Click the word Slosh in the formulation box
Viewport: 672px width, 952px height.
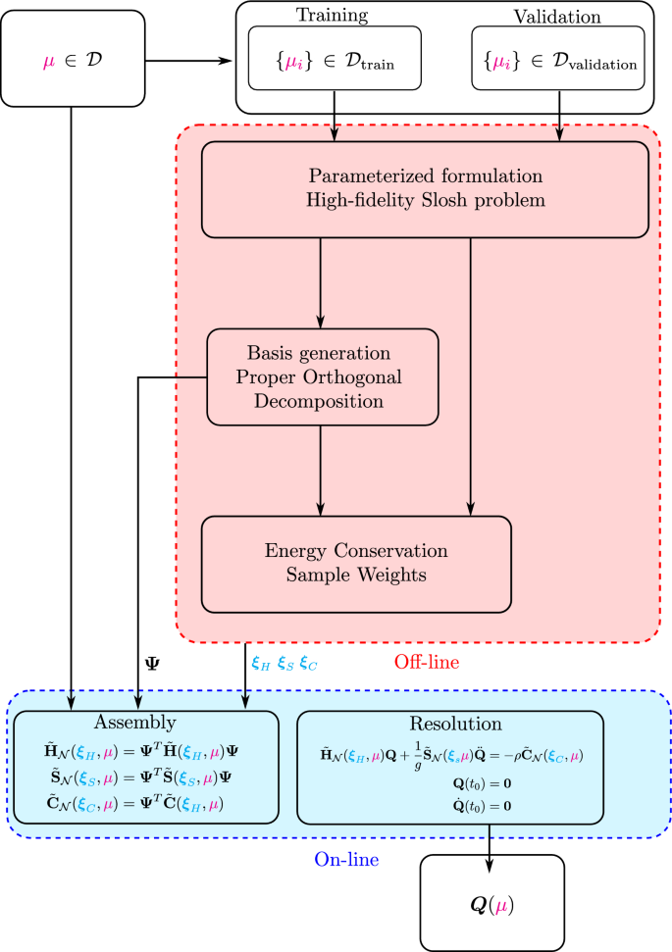[456, 200]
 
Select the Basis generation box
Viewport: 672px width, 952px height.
[322, 376]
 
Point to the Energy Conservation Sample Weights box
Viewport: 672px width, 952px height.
[356, 563]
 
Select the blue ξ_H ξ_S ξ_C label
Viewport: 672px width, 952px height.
[284, 664]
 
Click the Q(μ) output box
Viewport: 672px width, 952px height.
[491, 906]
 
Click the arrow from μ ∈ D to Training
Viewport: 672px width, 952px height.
[186, 62]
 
